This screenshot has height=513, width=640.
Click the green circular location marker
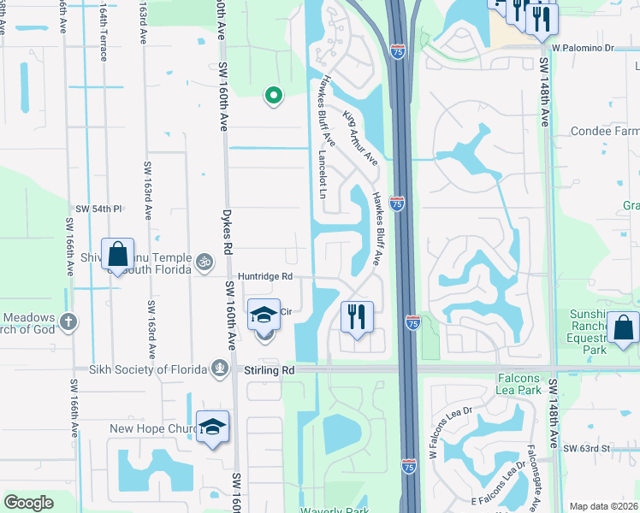[273, 96]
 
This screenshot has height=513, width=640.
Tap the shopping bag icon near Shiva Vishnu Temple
[117, 255]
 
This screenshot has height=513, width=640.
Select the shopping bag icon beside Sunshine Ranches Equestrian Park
[625, 328]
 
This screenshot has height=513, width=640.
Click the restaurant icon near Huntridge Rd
[357, 316]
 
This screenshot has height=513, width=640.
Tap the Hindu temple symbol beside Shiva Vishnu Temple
[204, 261]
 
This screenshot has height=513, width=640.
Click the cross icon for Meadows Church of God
[68, 322]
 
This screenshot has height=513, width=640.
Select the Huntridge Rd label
[265, 276]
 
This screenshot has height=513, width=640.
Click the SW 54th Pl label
[99, 209]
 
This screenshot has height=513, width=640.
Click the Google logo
[28, 503]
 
